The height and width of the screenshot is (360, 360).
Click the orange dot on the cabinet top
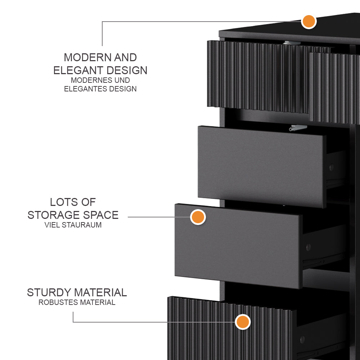309,22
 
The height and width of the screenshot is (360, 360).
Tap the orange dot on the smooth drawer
198,217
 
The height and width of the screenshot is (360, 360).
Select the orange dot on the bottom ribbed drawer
243,322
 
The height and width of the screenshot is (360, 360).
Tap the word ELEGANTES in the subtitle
84,89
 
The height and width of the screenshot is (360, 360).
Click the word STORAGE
53,215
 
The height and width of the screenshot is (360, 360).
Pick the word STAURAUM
82,225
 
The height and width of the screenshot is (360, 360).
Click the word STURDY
49,293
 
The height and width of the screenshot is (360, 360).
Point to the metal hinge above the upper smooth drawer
298,127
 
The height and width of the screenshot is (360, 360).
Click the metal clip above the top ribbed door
291,43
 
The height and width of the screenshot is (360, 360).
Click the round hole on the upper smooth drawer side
331,167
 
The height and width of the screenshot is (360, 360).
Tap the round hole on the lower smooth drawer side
308,247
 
